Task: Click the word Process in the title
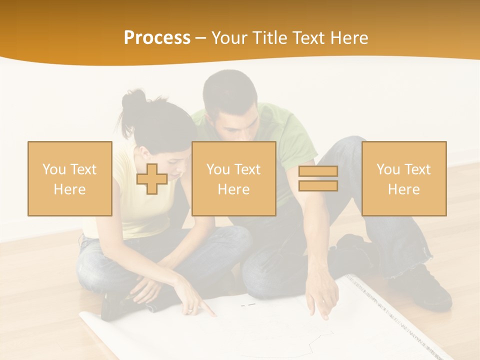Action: click(x=157, y=38)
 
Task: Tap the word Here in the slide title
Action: click(x=347, y=38)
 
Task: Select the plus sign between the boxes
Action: click(x=152, y=179)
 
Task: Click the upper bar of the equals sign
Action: click(x=318, y=171)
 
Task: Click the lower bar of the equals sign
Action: click(x=318, y=186)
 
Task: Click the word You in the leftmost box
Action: click(x=54, y=169)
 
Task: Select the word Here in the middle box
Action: click(x=234, y=190)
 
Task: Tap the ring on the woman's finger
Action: click(x=190, y=310)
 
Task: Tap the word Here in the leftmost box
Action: click(x=70, y=190)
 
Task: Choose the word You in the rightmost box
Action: click(x=388, y=169)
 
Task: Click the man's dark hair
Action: click(x=230, y=90)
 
